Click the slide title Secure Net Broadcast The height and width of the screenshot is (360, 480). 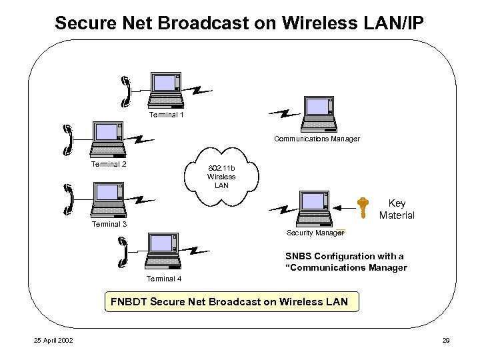point(239,23)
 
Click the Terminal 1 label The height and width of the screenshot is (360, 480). point(166,115)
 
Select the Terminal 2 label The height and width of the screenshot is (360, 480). point(109,164)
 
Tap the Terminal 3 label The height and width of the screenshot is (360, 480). point(109,224)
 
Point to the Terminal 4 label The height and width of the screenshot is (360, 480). point(163,279)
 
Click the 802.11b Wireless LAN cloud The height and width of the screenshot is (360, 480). point(221,177)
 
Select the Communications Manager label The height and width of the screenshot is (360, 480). point(317,139)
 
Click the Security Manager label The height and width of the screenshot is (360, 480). point(315,233)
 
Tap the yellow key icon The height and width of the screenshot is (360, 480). point(362,208)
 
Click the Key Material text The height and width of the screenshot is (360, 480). point(397,209)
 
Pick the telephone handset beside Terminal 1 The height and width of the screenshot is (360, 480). point(125,91)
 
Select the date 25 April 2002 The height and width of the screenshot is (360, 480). point(53,341)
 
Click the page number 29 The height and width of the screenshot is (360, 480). point(446,341)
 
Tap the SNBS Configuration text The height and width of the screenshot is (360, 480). point(345,261)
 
